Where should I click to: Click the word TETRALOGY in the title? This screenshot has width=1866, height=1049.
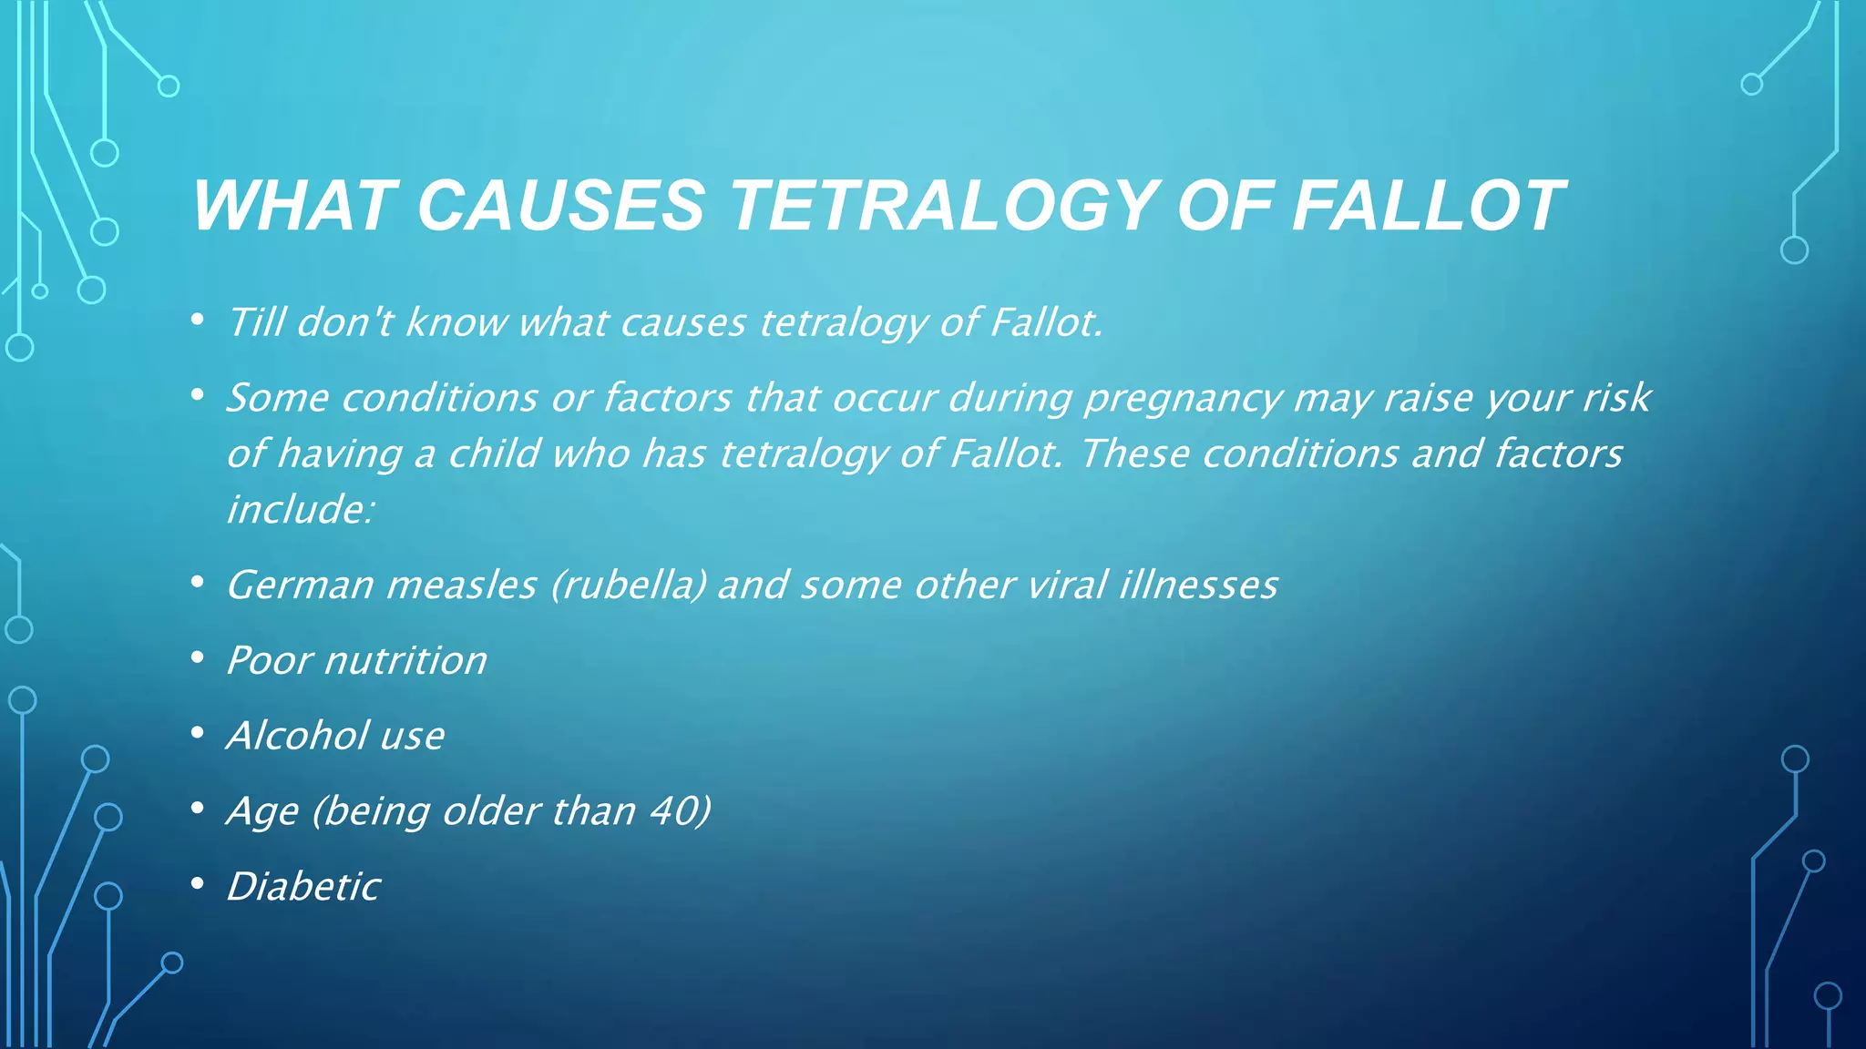(x=942, y=206)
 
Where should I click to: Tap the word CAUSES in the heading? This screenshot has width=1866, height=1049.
(x=560, y=206)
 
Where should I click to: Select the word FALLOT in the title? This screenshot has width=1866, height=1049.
(x=1428, y=206)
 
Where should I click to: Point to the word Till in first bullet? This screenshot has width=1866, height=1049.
(x=256, y=322)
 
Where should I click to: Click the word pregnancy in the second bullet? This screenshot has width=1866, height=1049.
(x=1183, y=399)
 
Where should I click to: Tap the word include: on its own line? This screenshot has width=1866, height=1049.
(x=300, y=509)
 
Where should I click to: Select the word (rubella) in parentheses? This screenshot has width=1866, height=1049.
(x=629, y=586)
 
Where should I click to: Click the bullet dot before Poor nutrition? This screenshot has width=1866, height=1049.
(x=198, y=657)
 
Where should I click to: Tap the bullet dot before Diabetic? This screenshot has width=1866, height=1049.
(x=198, y=883)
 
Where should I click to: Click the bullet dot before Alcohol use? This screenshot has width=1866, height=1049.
(x=198, y=733)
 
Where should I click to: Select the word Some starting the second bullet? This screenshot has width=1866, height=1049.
(x=276, y=399)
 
